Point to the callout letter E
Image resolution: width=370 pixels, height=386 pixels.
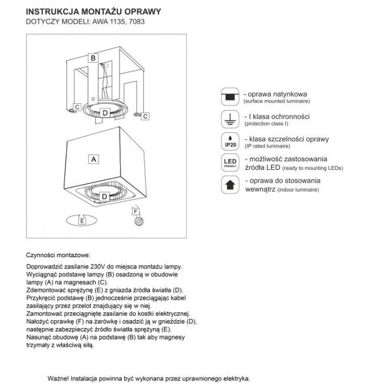coord(83,220)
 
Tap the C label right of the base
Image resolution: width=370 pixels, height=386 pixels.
coord(145,116)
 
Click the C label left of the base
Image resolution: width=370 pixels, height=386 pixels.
coord(76,107)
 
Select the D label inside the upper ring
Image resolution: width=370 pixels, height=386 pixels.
coord(104,112)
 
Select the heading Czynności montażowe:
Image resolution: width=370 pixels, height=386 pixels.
coord(59,256)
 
